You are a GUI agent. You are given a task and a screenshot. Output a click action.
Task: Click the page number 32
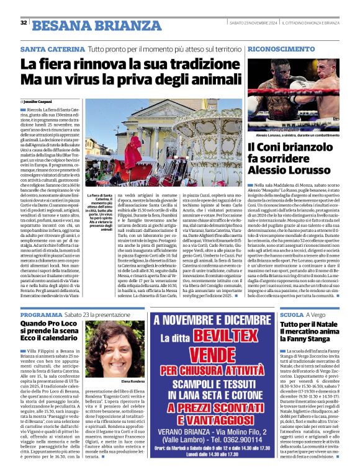point(24,23)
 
